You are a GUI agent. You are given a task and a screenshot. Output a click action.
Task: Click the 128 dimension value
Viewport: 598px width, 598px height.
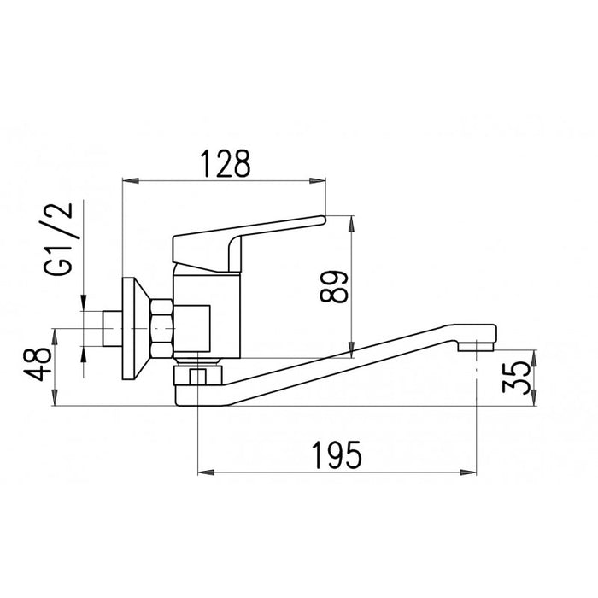point(226,164)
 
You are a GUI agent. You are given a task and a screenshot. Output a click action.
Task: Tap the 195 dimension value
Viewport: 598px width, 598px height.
point(337,455)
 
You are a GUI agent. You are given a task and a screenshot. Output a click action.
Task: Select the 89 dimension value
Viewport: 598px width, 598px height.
point(335,286)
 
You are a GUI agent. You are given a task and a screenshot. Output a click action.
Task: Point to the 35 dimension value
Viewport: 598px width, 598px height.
point(516,378)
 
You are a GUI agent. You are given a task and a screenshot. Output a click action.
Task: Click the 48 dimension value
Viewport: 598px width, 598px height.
point(39,364)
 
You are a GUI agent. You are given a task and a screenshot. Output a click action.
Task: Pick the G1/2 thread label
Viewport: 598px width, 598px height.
point(58,238)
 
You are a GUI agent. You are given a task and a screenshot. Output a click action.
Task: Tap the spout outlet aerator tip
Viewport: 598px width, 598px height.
point(476,347)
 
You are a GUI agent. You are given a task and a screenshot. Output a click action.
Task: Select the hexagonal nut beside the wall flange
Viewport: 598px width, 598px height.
point(161,329)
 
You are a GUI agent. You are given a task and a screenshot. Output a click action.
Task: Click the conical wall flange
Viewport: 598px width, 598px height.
point(136,328)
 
